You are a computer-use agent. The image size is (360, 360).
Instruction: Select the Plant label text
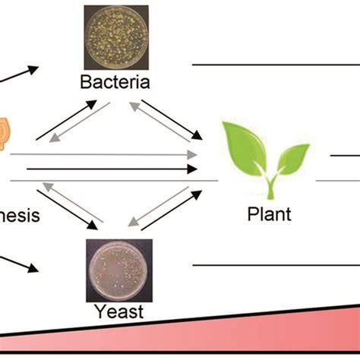pos(269,214)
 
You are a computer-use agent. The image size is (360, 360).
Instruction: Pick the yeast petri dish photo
pos(118,270)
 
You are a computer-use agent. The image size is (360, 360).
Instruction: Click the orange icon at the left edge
pos(6,131)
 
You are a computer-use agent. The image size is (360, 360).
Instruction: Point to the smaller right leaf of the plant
pos(292,159)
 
